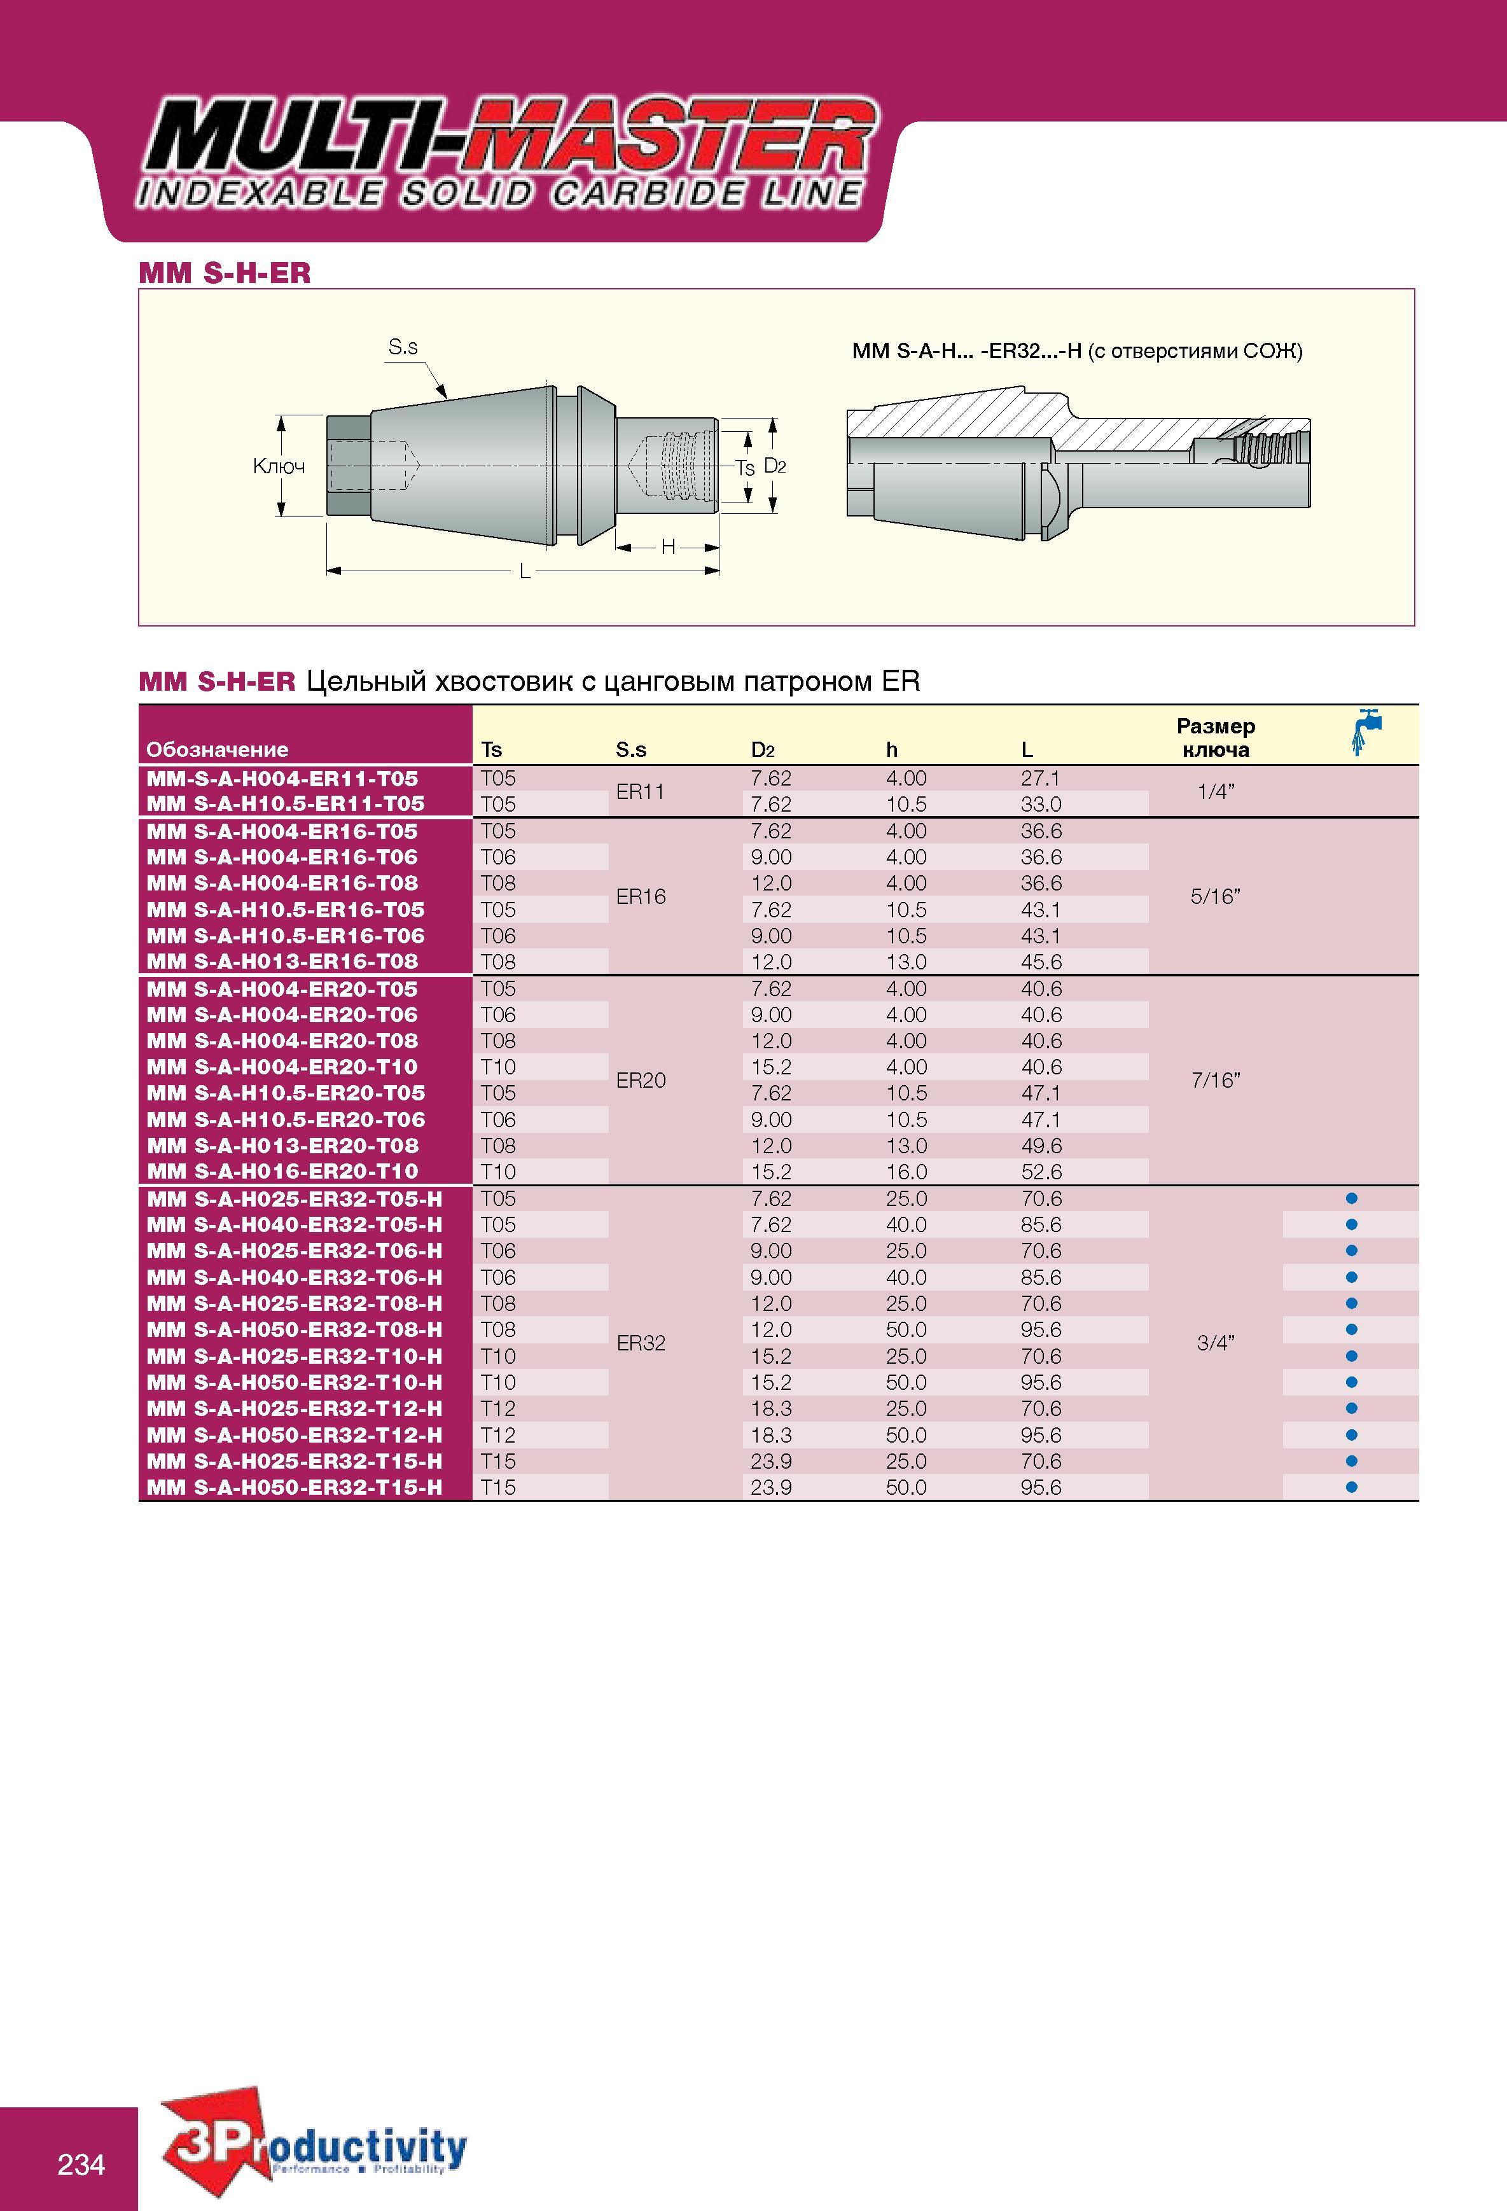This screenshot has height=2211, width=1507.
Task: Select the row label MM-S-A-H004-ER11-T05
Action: coord(282,778)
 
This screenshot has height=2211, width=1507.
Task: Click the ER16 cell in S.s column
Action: coord(641,896)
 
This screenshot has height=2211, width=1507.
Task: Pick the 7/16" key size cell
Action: coord(1216,1080)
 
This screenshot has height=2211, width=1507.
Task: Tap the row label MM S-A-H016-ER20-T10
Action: coord(282,1172)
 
